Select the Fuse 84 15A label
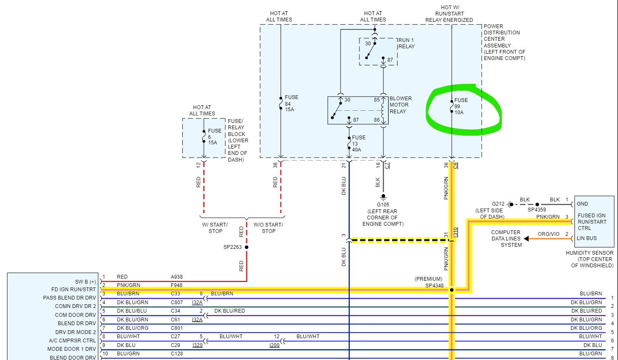click(x=291, y=103)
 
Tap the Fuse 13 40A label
click(x=358, y=143)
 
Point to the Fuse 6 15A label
click(x=214, y=137)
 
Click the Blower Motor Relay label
click(x=401, y=105)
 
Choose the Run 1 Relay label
click(x=406, y=43)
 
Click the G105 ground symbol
click(x=383, y=196)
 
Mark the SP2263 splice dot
click(x=246, y=247)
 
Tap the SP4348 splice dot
click(x=452, y=290)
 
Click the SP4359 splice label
click(x=537, y=210)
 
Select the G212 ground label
click(x=498, y=204)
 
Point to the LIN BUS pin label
click(x=587, y=238)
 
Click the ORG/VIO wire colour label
click(x=548, y=234)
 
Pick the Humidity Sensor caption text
click(x=589, y=259)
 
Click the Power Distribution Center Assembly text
click(x=504, y=42)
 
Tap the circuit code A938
click(x=177, y=277)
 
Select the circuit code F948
click(x=177, y=285)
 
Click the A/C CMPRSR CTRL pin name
click(x=72, y=341)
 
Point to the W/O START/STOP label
click(x=268, y=228)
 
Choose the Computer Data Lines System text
click(x=506, y=238)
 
